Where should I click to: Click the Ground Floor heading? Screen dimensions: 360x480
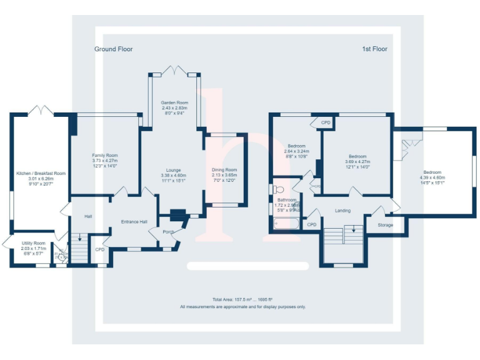coord(113,49)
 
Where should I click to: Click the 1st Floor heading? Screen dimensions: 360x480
coord(374,49)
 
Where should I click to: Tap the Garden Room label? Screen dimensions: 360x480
coord(174,102)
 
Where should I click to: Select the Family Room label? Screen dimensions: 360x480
coord(104,156)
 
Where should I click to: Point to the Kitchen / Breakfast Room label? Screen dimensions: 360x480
coord(41,173)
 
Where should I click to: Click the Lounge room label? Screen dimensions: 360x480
coord(173,170)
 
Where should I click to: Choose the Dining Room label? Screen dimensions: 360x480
coord(224,169)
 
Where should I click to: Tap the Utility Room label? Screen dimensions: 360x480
coord(33,243)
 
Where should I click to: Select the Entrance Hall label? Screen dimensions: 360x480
coord(134,222)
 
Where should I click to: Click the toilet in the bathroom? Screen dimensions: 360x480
coord(278,189)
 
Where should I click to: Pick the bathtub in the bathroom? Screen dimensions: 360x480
coord(286,223)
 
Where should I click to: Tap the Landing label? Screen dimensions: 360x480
coord(342,211)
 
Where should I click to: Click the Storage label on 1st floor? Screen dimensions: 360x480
coord(385,224)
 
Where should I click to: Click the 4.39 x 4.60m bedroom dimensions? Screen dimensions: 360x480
coord(432,177)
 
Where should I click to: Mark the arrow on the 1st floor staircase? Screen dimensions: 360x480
coord(354,229)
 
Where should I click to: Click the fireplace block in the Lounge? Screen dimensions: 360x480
coord(177,214)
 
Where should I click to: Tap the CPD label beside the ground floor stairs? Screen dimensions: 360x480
coord(99,249)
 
